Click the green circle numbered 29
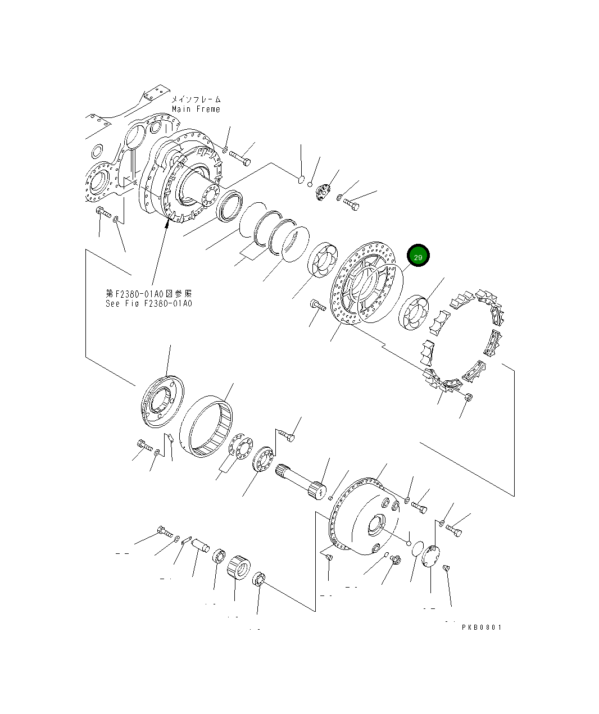tap(418, 256)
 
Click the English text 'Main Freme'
tap(196, 109)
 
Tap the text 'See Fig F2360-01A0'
tap(148, 303)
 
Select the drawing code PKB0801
tap(482, 627)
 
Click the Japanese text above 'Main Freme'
tap(196, 99)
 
